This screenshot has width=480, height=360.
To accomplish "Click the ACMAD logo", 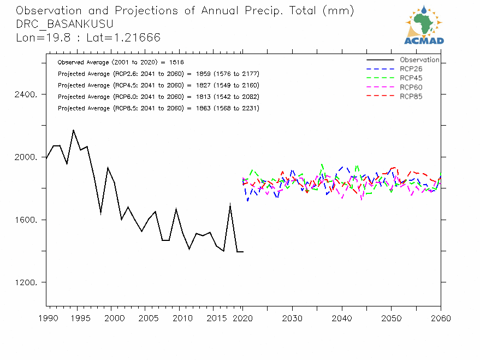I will tap(424, 25).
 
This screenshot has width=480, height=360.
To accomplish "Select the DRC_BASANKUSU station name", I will tap(64, 24).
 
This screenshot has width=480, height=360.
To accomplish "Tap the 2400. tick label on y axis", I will tap(26, 94).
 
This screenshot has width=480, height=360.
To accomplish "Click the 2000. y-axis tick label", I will tap(26, 157).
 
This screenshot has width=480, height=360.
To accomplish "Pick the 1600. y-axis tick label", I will tap(26, 220).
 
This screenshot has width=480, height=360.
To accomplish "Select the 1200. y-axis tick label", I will tap(26, 283).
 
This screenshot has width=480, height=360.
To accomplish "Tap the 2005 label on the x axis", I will tap(145, 317).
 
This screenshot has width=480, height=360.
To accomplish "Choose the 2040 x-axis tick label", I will tap(342, 317).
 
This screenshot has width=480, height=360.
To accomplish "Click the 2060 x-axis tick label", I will tap(441, 317).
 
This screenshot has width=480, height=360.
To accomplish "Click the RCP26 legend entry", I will tap(411, 69).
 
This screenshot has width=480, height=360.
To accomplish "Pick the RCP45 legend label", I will tap(411, 78).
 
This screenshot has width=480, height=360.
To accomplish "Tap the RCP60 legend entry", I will tap(411, 87).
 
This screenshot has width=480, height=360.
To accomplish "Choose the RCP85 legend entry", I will tap(411, 97).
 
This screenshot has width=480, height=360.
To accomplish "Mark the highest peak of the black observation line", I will tap(73, 130).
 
